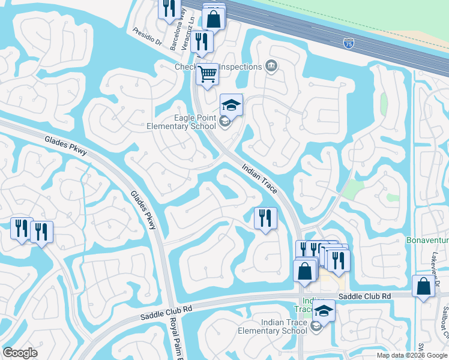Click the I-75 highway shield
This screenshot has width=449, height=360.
point(348,44)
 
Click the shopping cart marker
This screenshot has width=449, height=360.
point(207,75)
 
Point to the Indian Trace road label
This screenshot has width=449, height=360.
point(260,179)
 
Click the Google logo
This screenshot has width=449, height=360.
point(20,353)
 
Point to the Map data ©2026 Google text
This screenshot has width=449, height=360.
point(411,355)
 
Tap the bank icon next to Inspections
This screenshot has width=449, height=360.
point(271,66)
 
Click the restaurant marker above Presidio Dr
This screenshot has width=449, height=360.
point(169,8)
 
